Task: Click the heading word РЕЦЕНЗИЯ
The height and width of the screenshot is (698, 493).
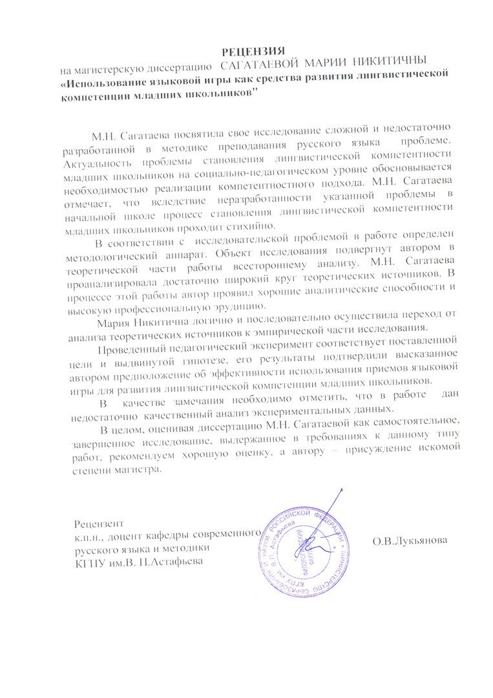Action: coord(254,50)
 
